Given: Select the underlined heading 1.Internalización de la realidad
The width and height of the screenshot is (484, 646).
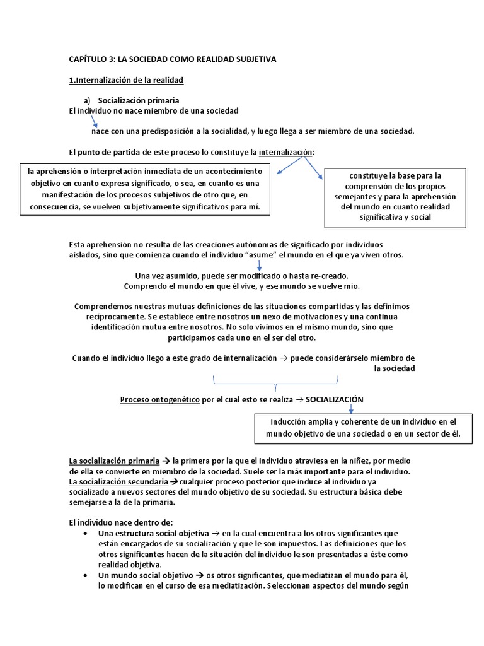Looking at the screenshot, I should click(x=126, y=80).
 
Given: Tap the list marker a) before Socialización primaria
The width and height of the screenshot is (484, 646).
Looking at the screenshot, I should click(x=88, y=101).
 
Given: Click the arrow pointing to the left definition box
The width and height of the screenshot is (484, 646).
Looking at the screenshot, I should click(x=291, y=165).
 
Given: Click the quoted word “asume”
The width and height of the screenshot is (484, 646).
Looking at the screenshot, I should click(x=259, y=255).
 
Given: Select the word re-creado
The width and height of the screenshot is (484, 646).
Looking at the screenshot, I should click(x=328, y=276).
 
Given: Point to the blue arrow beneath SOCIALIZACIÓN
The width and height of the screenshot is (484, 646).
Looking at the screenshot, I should click(x=351, y=409).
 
